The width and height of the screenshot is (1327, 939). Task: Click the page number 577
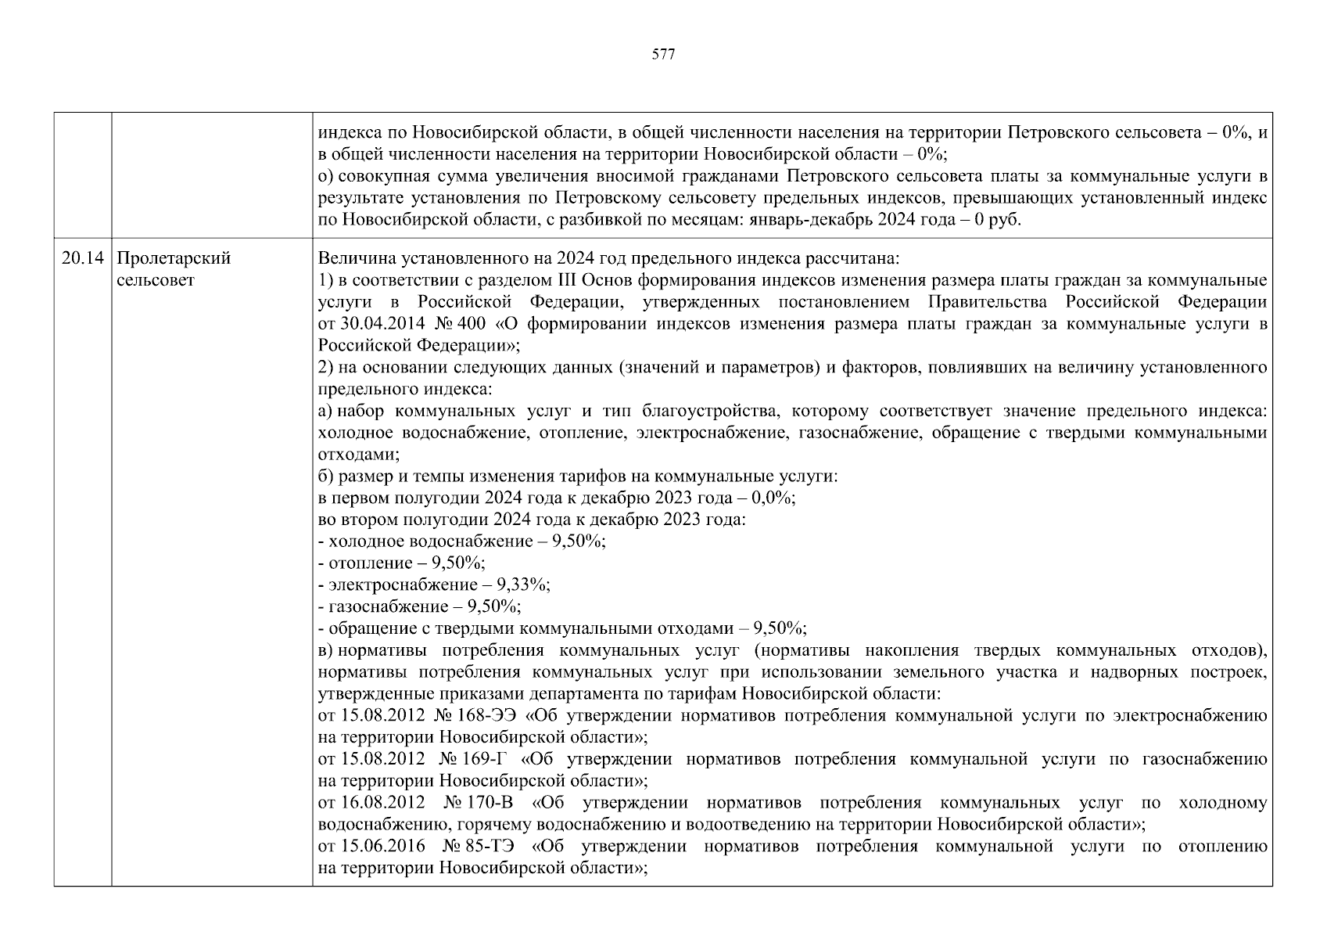662,55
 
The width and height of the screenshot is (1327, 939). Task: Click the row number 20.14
83,259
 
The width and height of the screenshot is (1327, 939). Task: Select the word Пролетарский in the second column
174,259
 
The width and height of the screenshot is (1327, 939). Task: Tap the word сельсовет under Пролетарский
155,280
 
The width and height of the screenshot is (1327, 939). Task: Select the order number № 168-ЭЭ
475,716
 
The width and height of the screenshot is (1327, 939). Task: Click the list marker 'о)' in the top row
326,177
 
